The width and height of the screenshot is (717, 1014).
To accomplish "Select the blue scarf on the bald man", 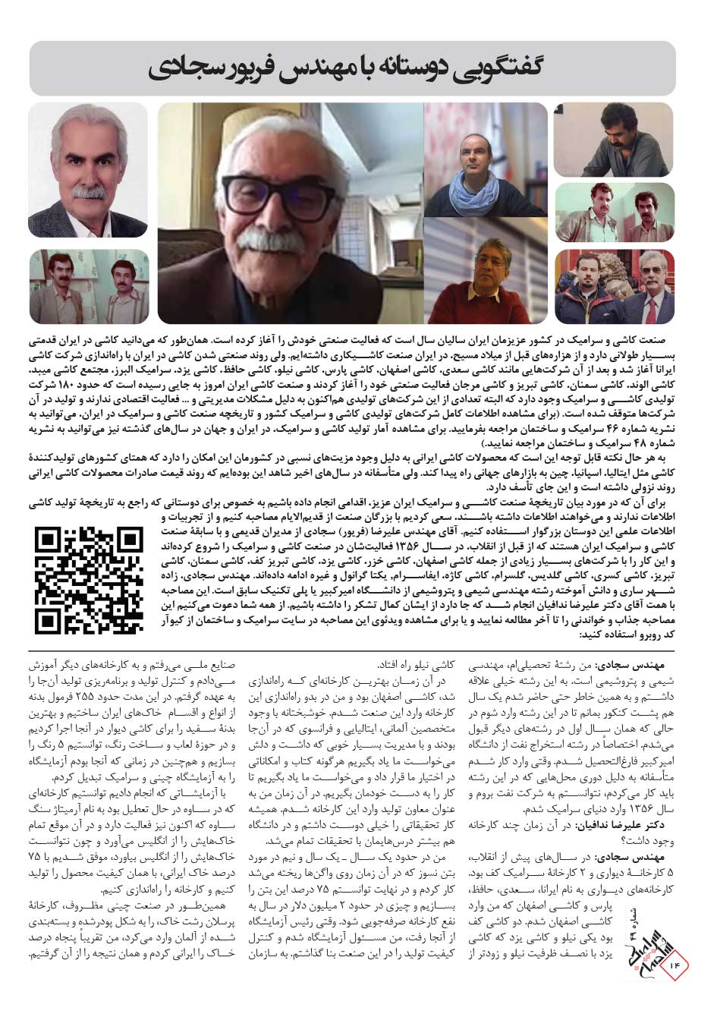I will point(485,194).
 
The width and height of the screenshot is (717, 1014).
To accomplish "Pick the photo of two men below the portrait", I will point(88,285).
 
